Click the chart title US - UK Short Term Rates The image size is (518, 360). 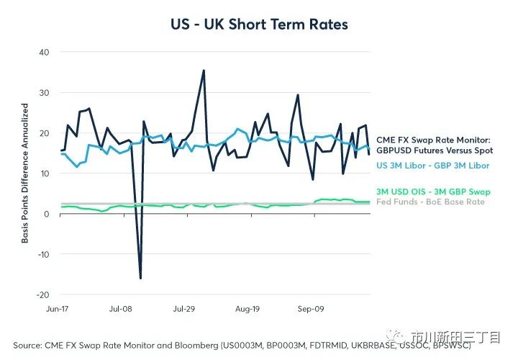pyautogui.click(x=258, y=24)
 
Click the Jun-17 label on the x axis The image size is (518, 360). pyautogui.click(x=58, y=308)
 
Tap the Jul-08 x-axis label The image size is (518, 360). pyautogui.click(x=120, y=308)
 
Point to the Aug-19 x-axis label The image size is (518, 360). pyautogui.click(x=246, y=308)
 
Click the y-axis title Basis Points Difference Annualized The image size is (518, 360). pyautogui.click(x=24, y=173)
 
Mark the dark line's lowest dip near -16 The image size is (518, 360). pyautogui.click(x=140, y=278)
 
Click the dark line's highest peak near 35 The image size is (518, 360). pyautogui.click(x=204, y=71)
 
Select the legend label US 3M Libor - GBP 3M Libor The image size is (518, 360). pyautogui.click(x=433, y=165)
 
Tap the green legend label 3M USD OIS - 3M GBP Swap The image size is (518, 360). pyautogui.click(x=432, y=192)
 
